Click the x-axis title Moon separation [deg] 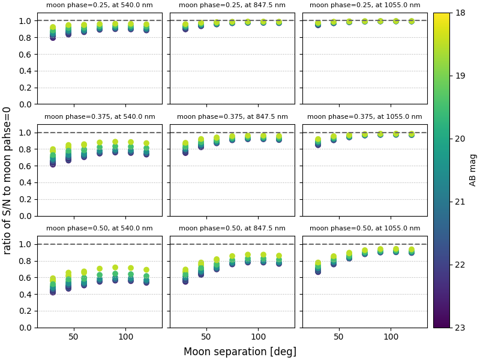(x=239, y=352)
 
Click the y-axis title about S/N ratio (x=8, y=180)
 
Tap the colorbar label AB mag (x=473, y=170)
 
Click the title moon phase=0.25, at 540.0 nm (x=100, y=5)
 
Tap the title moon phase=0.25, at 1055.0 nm (x=365, y=5)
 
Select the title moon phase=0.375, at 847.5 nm (x=232, y=117)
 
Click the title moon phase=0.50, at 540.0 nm (x=100, y=229)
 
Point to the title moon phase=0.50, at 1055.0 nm (x=365, y=229)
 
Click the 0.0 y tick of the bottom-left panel (x=26, y=328)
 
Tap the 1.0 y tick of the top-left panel (x=26, y=20)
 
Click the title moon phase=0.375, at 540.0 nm (x=100, y=117)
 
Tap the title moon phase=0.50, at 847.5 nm (x=232, y=229)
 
